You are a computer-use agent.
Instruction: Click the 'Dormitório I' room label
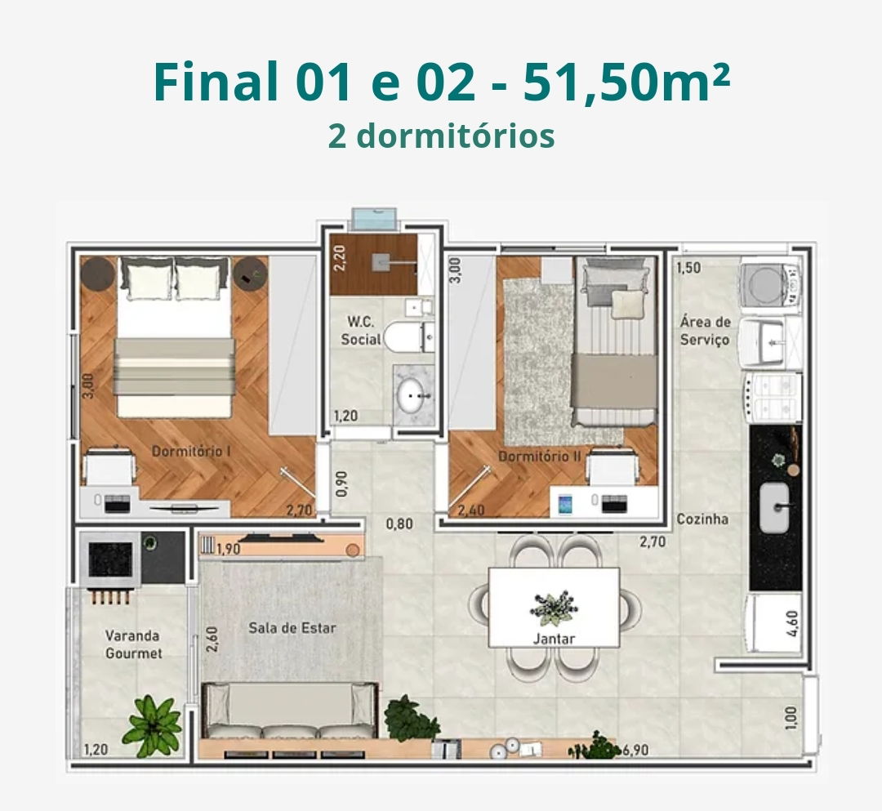[191, 451]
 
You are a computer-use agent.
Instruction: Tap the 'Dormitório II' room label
[540, 456]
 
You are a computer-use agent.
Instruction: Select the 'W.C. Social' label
[361, 330]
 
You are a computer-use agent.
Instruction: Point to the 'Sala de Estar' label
[292, 628]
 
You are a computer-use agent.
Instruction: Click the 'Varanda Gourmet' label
[133, 644]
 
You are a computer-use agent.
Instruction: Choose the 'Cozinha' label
[702, 519]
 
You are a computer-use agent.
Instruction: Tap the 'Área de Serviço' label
[705, 331]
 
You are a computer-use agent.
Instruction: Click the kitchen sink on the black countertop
[774, 508]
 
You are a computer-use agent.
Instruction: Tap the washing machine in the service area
[770, 285]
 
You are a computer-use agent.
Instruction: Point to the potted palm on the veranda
[153, 725]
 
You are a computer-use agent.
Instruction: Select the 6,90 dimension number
[635, 751]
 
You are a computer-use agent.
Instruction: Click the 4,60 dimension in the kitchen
[791, 624]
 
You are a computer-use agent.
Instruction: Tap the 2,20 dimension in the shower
[339, 258]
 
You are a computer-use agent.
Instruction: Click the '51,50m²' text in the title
[626, 82]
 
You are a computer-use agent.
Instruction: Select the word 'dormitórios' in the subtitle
[456, 136]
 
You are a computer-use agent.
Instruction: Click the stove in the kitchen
[773, 396]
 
